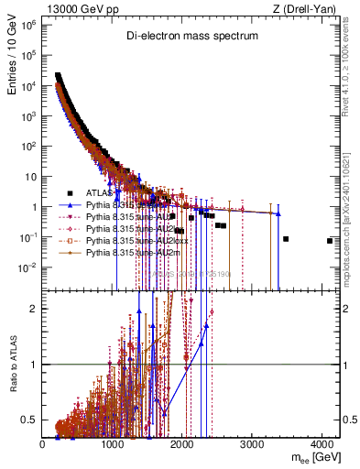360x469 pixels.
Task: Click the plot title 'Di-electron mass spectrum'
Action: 192,36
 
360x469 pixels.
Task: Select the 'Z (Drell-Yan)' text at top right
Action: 307,8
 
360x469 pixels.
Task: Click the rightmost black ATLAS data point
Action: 330,241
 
